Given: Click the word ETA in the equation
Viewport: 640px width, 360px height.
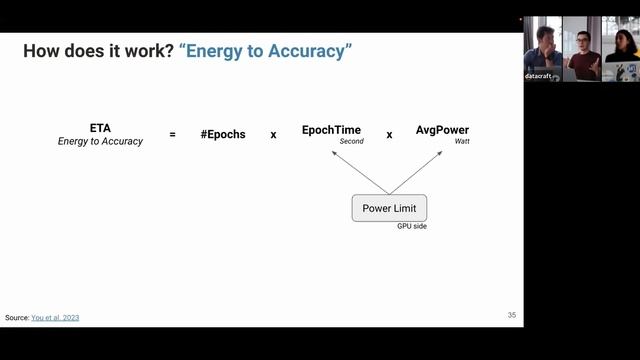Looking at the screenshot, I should coord(100,129).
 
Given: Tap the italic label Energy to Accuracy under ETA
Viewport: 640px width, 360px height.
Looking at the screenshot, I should coord(100,142).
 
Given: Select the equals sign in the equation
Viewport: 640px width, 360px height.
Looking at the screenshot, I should coord(172,134).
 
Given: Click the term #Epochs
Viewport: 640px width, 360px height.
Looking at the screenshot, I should coord(223,134).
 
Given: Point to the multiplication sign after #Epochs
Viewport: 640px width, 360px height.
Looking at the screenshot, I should coord(273,134).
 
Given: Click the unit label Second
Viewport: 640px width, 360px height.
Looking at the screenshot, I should coord(351,142).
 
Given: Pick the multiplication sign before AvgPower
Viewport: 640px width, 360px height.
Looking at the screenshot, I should coord(389,134).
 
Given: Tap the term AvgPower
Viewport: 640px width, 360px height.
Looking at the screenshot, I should coord(442,130).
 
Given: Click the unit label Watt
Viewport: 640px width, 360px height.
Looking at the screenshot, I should coord(462,142).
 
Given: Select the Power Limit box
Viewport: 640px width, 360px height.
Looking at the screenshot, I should coord(389,208).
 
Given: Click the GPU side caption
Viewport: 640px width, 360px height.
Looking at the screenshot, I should coord(412,227).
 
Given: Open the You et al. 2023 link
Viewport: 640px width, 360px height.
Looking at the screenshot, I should coord(55,318).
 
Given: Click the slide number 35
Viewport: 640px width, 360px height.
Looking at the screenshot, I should coord(511,315).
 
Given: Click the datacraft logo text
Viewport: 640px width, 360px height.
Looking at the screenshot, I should coord(540,76).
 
